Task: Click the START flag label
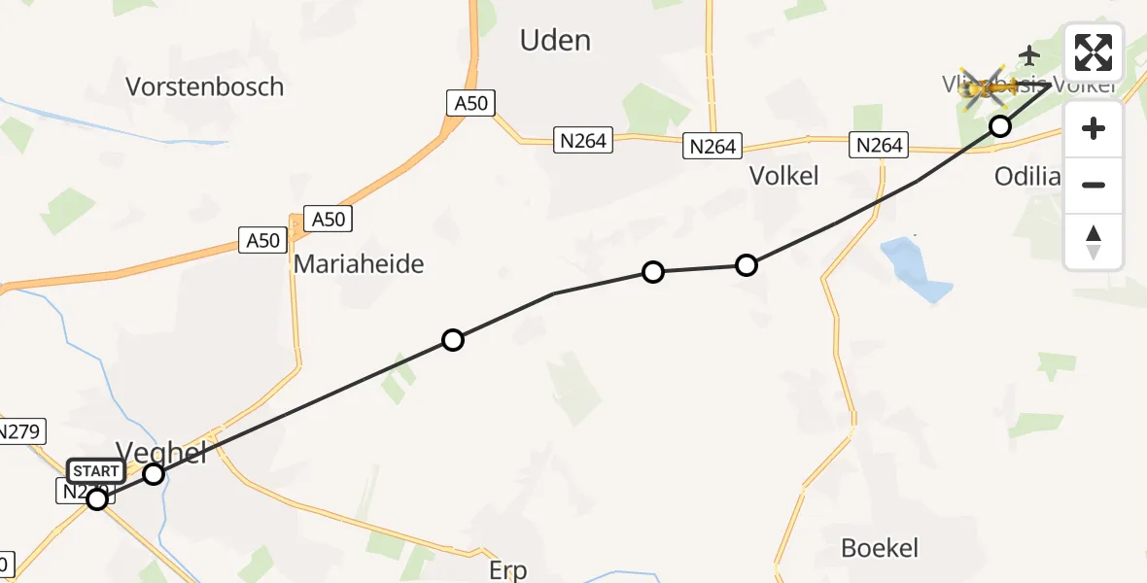pos(96,472)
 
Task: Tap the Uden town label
pos(555,40)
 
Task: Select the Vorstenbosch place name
pos(205,86)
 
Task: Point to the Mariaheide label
pos(359,263)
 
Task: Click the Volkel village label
pos(783,175)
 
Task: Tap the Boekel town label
pos(880,548)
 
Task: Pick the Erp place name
pos(507,570)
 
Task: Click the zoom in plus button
pos(1094,128)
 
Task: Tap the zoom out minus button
pos(1094,185)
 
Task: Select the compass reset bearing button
pos(1094,241)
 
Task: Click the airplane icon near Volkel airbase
pos(1029,54)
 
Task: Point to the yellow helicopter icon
pos(987,89)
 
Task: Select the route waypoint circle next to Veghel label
pos(154,474)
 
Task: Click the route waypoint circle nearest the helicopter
pos(1000,125)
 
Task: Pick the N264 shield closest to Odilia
pos(879,145)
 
